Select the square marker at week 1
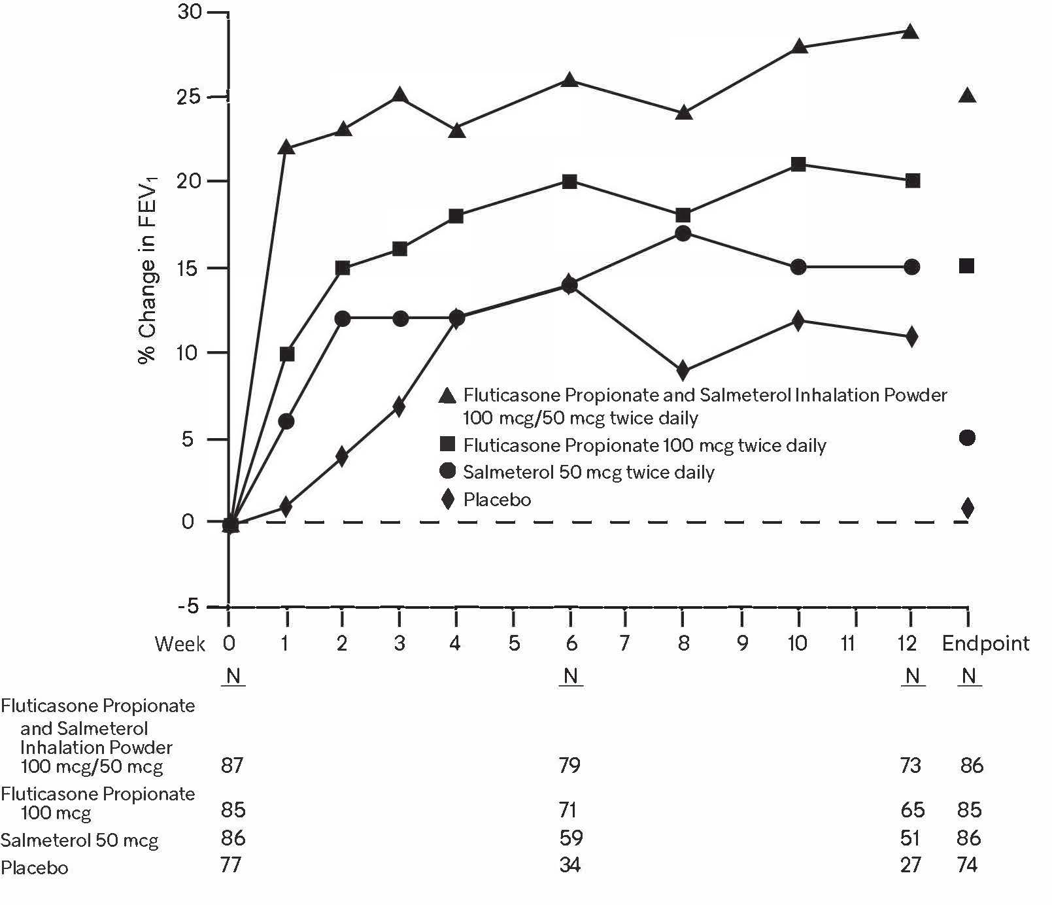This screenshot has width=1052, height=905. (x=286, y=354)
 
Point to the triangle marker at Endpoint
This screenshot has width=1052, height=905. (x=968, y=95)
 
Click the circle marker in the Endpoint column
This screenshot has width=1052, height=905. (x=968, y=437)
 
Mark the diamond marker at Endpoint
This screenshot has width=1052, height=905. (x=968, y=507)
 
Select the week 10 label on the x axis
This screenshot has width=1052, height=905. (x=797, y=643)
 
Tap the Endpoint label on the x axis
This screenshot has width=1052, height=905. (x=985, y=643)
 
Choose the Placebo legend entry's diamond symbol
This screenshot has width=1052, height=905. (x=448, y=500)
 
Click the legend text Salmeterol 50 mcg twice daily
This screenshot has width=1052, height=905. (x=588, y=472)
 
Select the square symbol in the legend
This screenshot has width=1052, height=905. (x=448, y=445)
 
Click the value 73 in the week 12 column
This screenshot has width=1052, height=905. (x=911, y=765)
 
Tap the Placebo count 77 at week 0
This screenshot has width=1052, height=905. (x=232, y=865)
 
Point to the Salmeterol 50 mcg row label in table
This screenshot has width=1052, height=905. (x=80, y=840)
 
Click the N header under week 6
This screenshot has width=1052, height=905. (x=571, y=675)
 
